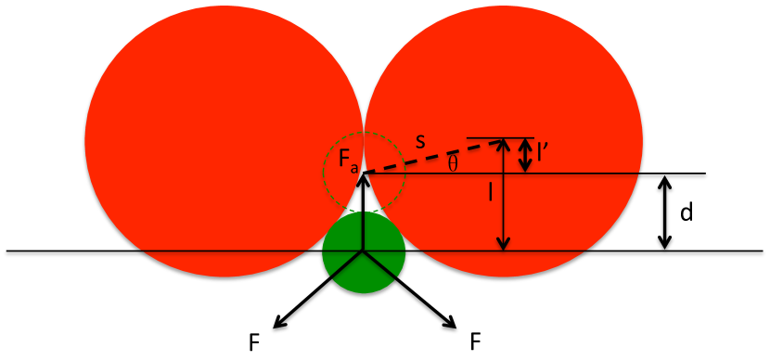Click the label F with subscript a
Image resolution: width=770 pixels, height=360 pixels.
point(349,164)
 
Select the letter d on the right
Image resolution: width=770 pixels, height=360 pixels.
point(687,213)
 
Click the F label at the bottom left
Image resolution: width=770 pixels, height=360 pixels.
point(253,342)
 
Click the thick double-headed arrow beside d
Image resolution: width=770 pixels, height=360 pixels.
point(664,212)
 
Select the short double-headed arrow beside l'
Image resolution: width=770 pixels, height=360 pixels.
point(526,155)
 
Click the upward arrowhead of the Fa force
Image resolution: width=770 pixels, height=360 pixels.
point(365,178)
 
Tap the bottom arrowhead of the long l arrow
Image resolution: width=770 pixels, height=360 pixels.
point(502,244)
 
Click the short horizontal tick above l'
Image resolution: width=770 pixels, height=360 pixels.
point(501,138)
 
